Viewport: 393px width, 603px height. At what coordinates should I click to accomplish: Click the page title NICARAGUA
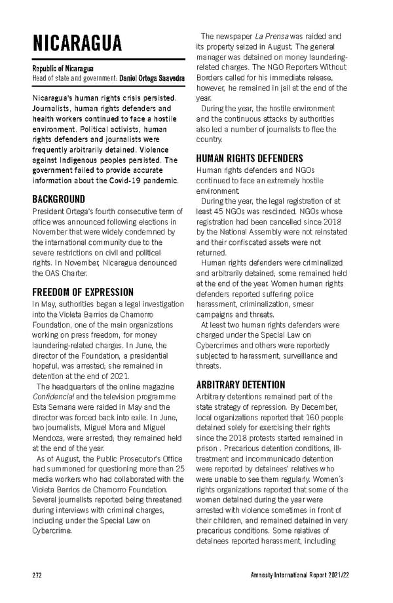tap(77, 43)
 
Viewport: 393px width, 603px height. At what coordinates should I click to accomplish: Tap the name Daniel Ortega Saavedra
tap(151, 79)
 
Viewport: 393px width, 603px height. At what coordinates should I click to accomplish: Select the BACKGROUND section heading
tap(58, 199)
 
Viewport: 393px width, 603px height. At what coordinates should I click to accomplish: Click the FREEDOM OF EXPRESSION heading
tap(83, 292)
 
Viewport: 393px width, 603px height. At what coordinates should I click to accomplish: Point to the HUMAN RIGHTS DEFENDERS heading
tap(250, 158)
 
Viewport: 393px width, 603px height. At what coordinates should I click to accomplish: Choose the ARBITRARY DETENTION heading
tap(240, 384)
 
